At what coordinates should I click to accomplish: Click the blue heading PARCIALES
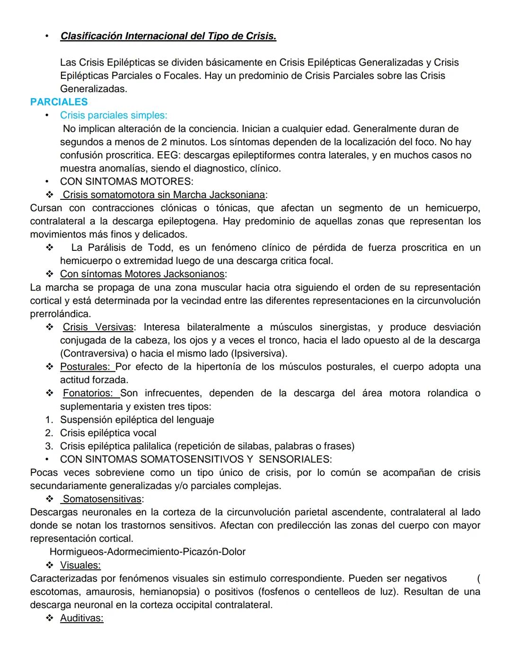pyautogui.click(x=59, y=102)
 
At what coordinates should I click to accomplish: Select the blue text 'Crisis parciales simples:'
pyautogui.click(x=113, y=115)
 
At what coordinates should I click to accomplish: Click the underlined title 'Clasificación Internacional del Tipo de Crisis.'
pyautogui.click(x=168, y=36)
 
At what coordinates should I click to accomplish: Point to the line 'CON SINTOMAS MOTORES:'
pyautogui.click(x=126, y=181)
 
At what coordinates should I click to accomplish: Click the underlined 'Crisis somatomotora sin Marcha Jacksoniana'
pyautogui.click(x=163, y=195)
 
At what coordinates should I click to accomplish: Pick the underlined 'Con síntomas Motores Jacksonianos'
pyautogui.click(x=142, y=274)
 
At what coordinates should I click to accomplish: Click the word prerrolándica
pyautogui.click(x=60, y=314)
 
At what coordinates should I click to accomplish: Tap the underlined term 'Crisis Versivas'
pyautogui.click(x=98, y=327)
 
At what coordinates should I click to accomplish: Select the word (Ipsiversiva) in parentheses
pyautogui.click(x=258, y=353)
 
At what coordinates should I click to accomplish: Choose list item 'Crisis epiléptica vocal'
pyautogui.click(x=108, y=433)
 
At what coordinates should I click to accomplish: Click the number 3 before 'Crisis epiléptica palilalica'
pyautogui.click(x=49, y=446)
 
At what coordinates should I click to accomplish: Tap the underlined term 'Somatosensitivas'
pyautogui.click(x=102, y=499)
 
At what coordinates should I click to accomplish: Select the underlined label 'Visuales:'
pyautogui.click(x=80, y=565)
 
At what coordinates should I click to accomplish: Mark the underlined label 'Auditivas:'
pyautogui.click(x=81, y=618)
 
